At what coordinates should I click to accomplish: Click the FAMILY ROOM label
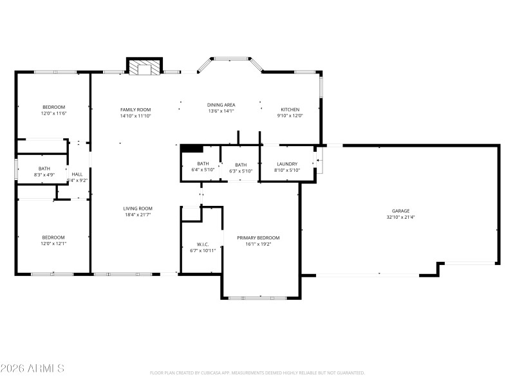(x=135, y=110)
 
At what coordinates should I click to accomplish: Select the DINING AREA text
(x=221, y=105)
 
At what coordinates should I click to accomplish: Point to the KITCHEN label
(x=290, y=109)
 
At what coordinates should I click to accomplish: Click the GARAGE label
(x=401, y=211)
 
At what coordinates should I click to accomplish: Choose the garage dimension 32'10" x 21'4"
(x=401, y=217)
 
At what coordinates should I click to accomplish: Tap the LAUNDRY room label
(x=286, y=164)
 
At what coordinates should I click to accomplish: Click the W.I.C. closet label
(x=203, y=244)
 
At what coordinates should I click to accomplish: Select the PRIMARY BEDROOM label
(x=258, y=238)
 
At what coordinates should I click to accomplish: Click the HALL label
(x=77, y=174)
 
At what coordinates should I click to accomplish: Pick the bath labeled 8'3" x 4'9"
(x=44, y=174)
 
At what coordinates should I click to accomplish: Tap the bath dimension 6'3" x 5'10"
(x=241, y=171)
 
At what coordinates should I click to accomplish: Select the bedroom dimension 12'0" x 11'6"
(x=53, y=113)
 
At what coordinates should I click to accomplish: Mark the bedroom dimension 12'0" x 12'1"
(x=53, y=243)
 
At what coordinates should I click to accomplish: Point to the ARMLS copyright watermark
(x=32, y=369)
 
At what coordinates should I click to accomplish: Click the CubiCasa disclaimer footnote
(x=257, y=372)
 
